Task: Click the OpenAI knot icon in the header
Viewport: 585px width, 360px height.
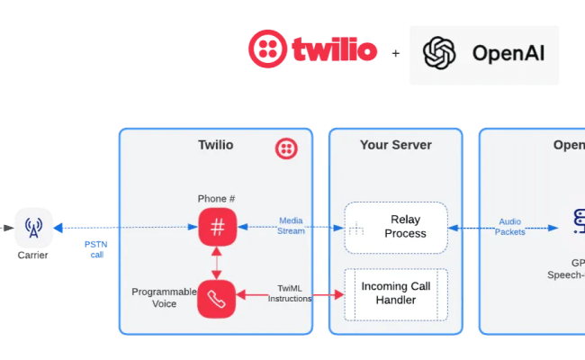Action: click(440, 53)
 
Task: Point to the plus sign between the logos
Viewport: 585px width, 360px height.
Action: click(395, 54)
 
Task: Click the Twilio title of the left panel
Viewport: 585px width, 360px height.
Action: click(216, 145)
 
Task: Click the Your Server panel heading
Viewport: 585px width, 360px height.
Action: click(395, 145)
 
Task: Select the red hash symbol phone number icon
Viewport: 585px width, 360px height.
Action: click(217, 227)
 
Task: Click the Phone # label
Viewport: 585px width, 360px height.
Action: click(216, 198)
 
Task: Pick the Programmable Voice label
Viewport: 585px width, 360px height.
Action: click(163, 298)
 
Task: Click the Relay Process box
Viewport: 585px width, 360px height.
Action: click(396, 227)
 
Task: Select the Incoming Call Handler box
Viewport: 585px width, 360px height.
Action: click(396, 293)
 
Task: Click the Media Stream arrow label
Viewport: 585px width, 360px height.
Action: click(291, 225)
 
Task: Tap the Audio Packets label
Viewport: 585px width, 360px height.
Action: click(509, 225)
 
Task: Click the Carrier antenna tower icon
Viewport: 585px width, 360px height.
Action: click(33, 227)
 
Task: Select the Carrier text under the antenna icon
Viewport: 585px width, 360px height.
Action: click(33, 255)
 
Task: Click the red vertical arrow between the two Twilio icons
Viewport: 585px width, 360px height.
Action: click(217, 263)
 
